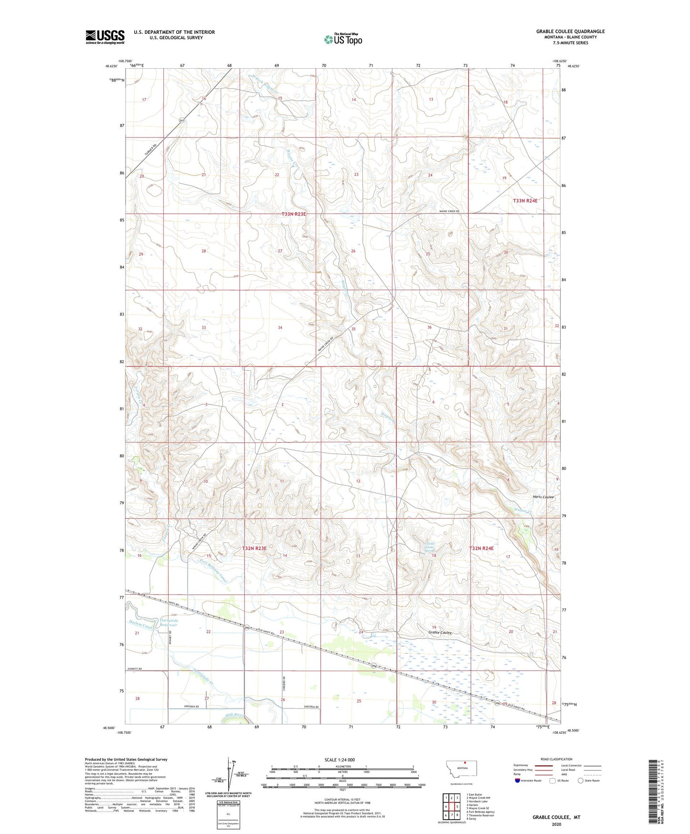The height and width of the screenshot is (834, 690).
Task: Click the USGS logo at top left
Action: point(105,37)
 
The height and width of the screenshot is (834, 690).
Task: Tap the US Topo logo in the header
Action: point(342,39)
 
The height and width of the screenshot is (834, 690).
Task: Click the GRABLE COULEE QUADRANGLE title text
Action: point(570,32)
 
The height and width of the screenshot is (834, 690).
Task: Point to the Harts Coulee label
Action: point(543,497)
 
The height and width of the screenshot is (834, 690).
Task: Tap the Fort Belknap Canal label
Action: point(212,570)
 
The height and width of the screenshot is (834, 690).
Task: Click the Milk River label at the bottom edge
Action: point(234,716)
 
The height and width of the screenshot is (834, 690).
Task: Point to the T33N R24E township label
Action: point(525,201)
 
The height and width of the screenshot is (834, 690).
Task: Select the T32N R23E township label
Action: point(251,549)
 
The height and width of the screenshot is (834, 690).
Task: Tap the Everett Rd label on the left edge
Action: point(135,669)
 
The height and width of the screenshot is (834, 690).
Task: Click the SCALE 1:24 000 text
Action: point(340,759)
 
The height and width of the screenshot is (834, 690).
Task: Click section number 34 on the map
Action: point(280,328)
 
